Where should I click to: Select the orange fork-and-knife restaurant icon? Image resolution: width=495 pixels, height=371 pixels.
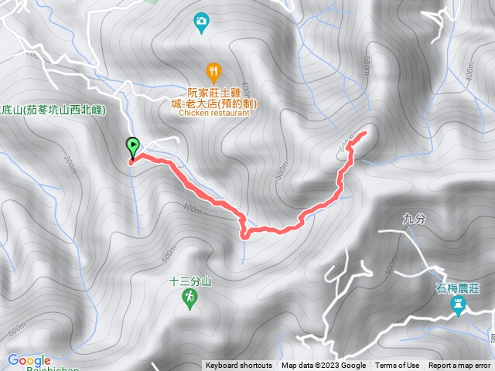tap(214, 73)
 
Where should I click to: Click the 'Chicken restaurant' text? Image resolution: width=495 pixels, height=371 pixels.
tap(215, 112)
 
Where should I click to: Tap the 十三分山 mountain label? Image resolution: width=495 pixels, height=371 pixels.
tap(189, 282)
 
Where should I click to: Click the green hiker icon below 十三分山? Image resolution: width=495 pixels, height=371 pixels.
tap(189, 298)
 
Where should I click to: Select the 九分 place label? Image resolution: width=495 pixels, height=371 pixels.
tap(415, 220)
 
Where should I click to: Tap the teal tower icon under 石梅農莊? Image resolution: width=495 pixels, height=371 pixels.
tap(456, 307)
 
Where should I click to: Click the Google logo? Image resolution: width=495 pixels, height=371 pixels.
tap(29, 360)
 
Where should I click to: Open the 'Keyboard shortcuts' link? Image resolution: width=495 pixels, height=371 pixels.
tap(239, 366)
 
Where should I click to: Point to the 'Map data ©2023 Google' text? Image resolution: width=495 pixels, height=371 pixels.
tap(324, 366)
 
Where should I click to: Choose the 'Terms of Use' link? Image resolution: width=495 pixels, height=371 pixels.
tap(398, 366)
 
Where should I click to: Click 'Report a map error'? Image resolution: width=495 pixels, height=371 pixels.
tap(459, 366)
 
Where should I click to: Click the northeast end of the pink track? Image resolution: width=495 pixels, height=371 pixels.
tap(364, 134)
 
